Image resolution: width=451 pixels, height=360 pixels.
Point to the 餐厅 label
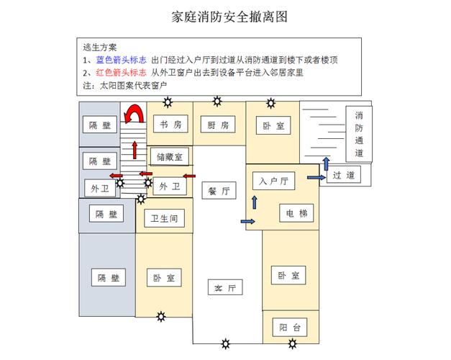[218, 192]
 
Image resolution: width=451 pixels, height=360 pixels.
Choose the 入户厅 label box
[273, 181]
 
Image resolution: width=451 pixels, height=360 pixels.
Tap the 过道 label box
[343, 175]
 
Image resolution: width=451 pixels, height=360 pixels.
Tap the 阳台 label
[290, 328]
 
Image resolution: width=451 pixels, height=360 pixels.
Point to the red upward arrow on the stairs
[135, 150]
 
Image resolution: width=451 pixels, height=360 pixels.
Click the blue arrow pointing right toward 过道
[315, 176]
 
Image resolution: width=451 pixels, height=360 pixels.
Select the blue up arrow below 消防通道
[325, 163]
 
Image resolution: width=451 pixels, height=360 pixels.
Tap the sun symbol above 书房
[168, 102]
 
